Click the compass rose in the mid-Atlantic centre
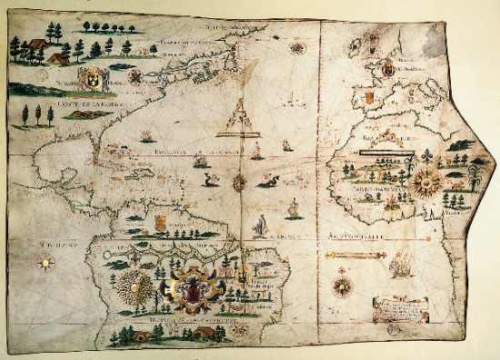tap(240, 183)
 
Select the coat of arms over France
tap(388, 67)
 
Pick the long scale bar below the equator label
tap(364, 252)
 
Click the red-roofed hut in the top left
tap(36, 44)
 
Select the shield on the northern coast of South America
tap(161, 222)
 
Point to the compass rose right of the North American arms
tap(135, 75)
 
